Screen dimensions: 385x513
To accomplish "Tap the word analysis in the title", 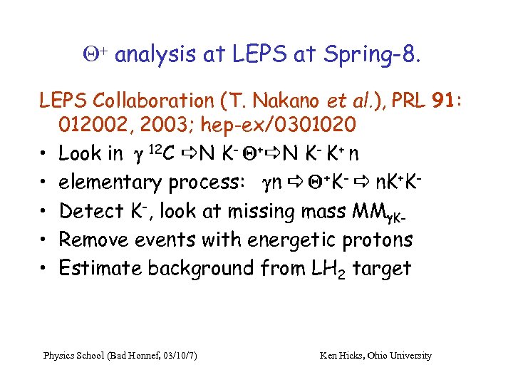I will (x=152, y=55).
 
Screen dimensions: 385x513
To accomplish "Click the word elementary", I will (x=110, y=183).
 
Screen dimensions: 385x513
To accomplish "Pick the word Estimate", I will (x=100, y=268).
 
